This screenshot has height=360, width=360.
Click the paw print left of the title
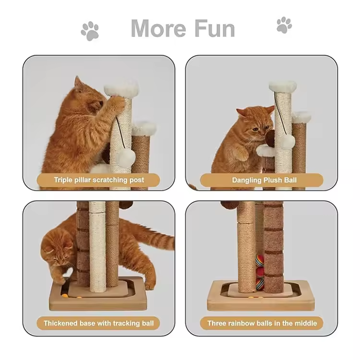[90, 31]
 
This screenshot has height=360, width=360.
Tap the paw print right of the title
[284, 25]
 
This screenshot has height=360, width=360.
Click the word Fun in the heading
[215, 28]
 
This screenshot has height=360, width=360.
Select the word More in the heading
[158, 28]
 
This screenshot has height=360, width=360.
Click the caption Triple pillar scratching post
[99, 180]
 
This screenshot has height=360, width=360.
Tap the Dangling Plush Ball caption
[264, 180]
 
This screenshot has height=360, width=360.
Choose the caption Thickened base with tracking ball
[99, 323]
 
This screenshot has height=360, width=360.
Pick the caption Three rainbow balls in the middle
[262, 323]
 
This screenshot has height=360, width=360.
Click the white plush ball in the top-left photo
[126, 157]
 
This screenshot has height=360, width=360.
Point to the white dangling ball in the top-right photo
[287, 142]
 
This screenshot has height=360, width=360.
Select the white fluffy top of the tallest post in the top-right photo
[283, 86]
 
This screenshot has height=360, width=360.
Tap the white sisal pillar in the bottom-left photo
[97, 247]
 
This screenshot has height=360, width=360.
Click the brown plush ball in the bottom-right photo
[229, 205]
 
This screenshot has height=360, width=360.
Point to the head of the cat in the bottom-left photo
[58, 250]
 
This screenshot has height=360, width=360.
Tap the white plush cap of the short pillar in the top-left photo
[144, 129]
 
